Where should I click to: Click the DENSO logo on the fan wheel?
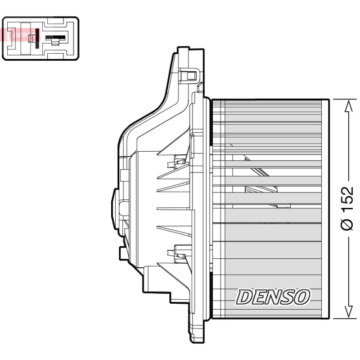click(273, 297)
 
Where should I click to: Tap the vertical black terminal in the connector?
click(37, 39)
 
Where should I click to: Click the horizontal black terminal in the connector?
click(55, 38)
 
